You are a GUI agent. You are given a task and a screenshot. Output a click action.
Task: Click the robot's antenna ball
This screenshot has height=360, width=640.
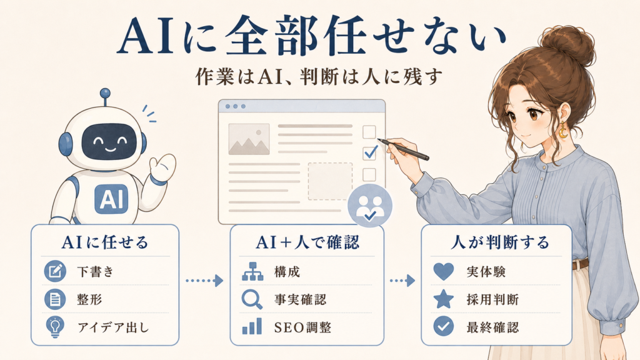coord(105,93)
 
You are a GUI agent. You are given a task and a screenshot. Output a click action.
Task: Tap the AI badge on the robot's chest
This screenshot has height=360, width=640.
coord(111,199)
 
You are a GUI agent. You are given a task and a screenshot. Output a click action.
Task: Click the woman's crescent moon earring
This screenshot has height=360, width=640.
coord(563,131)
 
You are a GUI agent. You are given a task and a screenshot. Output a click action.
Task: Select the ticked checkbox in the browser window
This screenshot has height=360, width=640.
coord(370,152)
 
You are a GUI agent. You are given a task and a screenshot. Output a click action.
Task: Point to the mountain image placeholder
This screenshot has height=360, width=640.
coord(249,139)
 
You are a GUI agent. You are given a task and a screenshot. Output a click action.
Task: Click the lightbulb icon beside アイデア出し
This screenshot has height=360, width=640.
coord(55,327)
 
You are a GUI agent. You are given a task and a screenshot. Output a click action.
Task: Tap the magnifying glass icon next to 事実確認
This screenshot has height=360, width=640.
coord(252,299)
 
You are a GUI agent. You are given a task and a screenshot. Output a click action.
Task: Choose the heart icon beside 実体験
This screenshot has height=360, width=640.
coord(443,271)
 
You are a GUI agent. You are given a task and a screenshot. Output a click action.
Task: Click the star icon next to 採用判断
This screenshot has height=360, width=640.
coord(443,299)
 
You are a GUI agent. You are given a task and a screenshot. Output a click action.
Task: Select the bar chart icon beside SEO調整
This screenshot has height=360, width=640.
coord(252,326)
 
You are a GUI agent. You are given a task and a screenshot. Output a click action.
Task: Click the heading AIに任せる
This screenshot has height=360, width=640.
coord(105,242)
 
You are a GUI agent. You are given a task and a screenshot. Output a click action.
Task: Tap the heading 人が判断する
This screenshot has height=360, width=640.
coord(500,242)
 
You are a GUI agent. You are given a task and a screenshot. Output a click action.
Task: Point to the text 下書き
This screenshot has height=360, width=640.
coord(95,272)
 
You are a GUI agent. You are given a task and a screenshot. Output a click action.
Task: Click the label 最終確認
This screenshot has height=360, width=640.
coord(492,327)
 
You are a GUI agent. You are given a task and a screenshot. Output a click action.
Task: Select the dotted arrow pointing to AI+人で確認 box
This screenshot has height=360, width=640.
coord(204,281)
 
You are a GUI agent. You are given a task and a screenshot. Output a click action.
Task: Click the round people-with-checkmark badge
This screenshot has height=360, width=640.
coord(370,206)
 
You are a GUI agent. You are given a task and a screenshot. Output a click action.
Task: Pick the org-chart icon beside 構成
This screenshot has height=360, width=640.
coord(252,271)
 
